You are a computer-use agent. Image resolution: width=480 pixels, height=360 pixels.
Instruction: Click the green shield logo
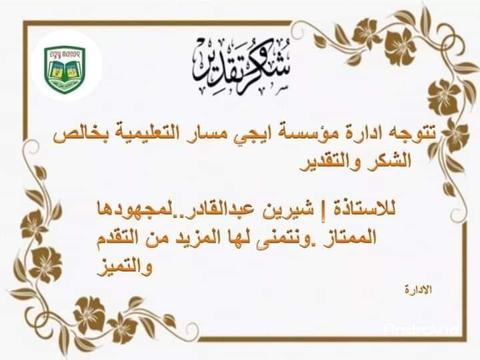64,65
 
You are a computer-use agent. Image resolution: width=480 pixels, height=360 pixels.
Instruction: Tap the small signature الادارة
419,290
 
